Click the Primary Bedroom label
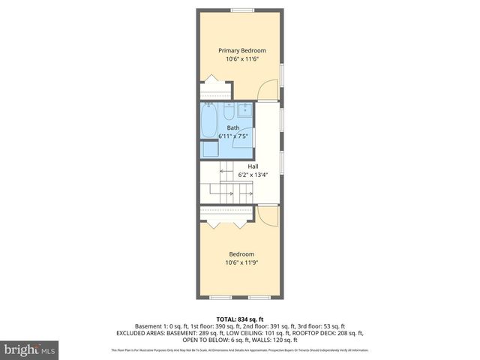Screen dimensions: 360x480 [x=241, y=50]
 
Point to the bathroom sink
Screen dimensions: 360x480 [x=244, y=112]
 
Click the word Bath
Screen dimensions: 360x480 [x=233, y=128]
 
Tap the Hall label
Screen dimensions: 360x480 [x=242, y=166]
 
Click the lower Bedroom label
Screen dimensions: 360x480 [x=241, y=253]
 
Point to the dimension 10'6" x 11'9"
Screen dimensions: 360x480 [x=241, y=262]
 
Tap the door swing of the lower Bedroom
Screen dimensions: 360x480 [x=266, y=217]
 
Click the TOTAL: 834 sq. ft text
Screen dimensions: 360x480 [x=239, y=319]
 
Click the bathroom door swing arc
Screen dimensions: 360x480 [x=243, y=139]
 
